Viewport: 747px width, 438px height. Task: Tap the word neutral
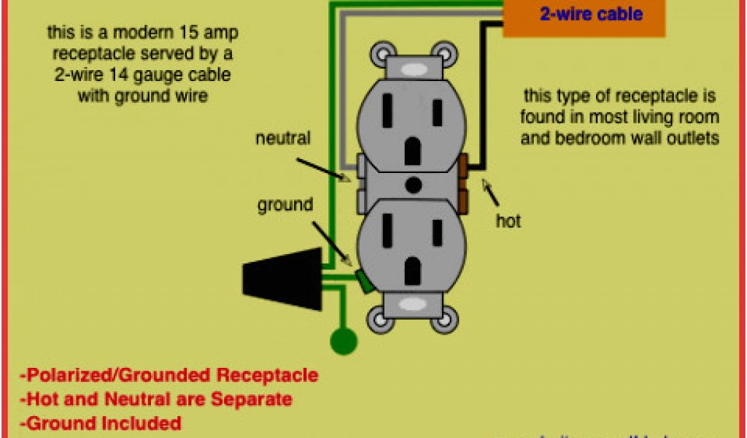pos(282,138)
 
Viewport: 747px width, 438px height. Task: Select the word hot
pos(508,220)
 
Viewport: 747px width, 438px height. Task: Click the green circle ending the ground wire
pos(344,341)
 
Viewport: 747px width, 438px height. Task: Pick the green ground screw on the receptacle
pos(363,282)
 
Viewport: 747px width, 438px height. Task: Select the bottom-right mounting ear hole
pos(443,319)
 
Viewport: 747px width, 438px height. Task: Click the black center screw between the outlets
pos(413,185)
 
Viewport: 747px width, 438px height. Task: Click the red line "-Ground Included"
pos(101,423)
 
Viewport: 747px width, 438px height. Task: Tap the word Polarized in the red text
pos(66,376)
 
